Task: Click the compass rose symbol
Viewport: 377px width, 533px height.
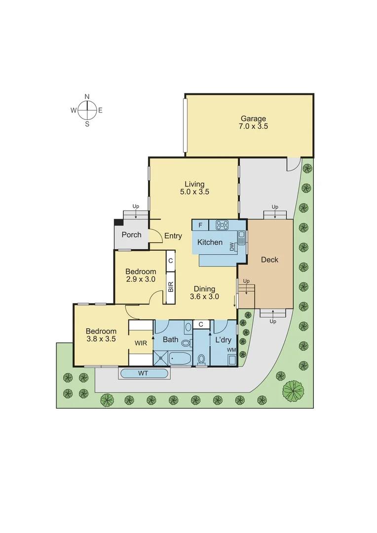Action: point(87,110)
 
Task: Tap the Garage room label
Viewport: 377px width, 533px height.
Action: point(253,118)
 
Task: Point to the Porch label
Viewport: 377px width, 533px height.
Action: point(131,235)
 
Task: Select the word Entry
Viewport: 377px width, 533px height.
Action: point(173,236)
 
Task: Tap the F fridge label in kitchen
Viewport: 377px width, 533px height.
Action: point(200,226)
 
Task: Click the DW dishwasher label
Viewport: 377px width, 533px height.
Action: point(232,247)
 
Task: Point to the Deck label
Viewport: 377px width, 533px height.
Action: point(269,260)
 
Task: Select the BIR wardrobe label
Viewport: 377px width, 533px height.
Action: point(171,287)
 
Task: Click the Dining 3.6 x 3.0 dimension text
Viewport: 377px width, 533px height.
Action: point(204,297)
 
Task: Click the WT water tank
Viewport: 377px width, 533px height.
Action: point(143,374)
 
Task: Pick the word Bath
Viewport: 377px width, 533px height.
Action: point(170,340)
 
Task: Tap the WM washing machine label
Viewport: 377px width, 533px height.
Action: point(231,350)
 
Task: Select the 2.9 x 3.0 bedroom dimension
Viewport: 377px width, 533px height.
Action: point(141,279)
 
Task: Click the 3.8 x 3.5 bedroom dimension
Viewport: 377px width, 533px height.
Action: point(101,339)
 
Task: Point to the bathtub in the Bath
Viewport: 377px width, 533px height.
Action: point(180,359)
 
